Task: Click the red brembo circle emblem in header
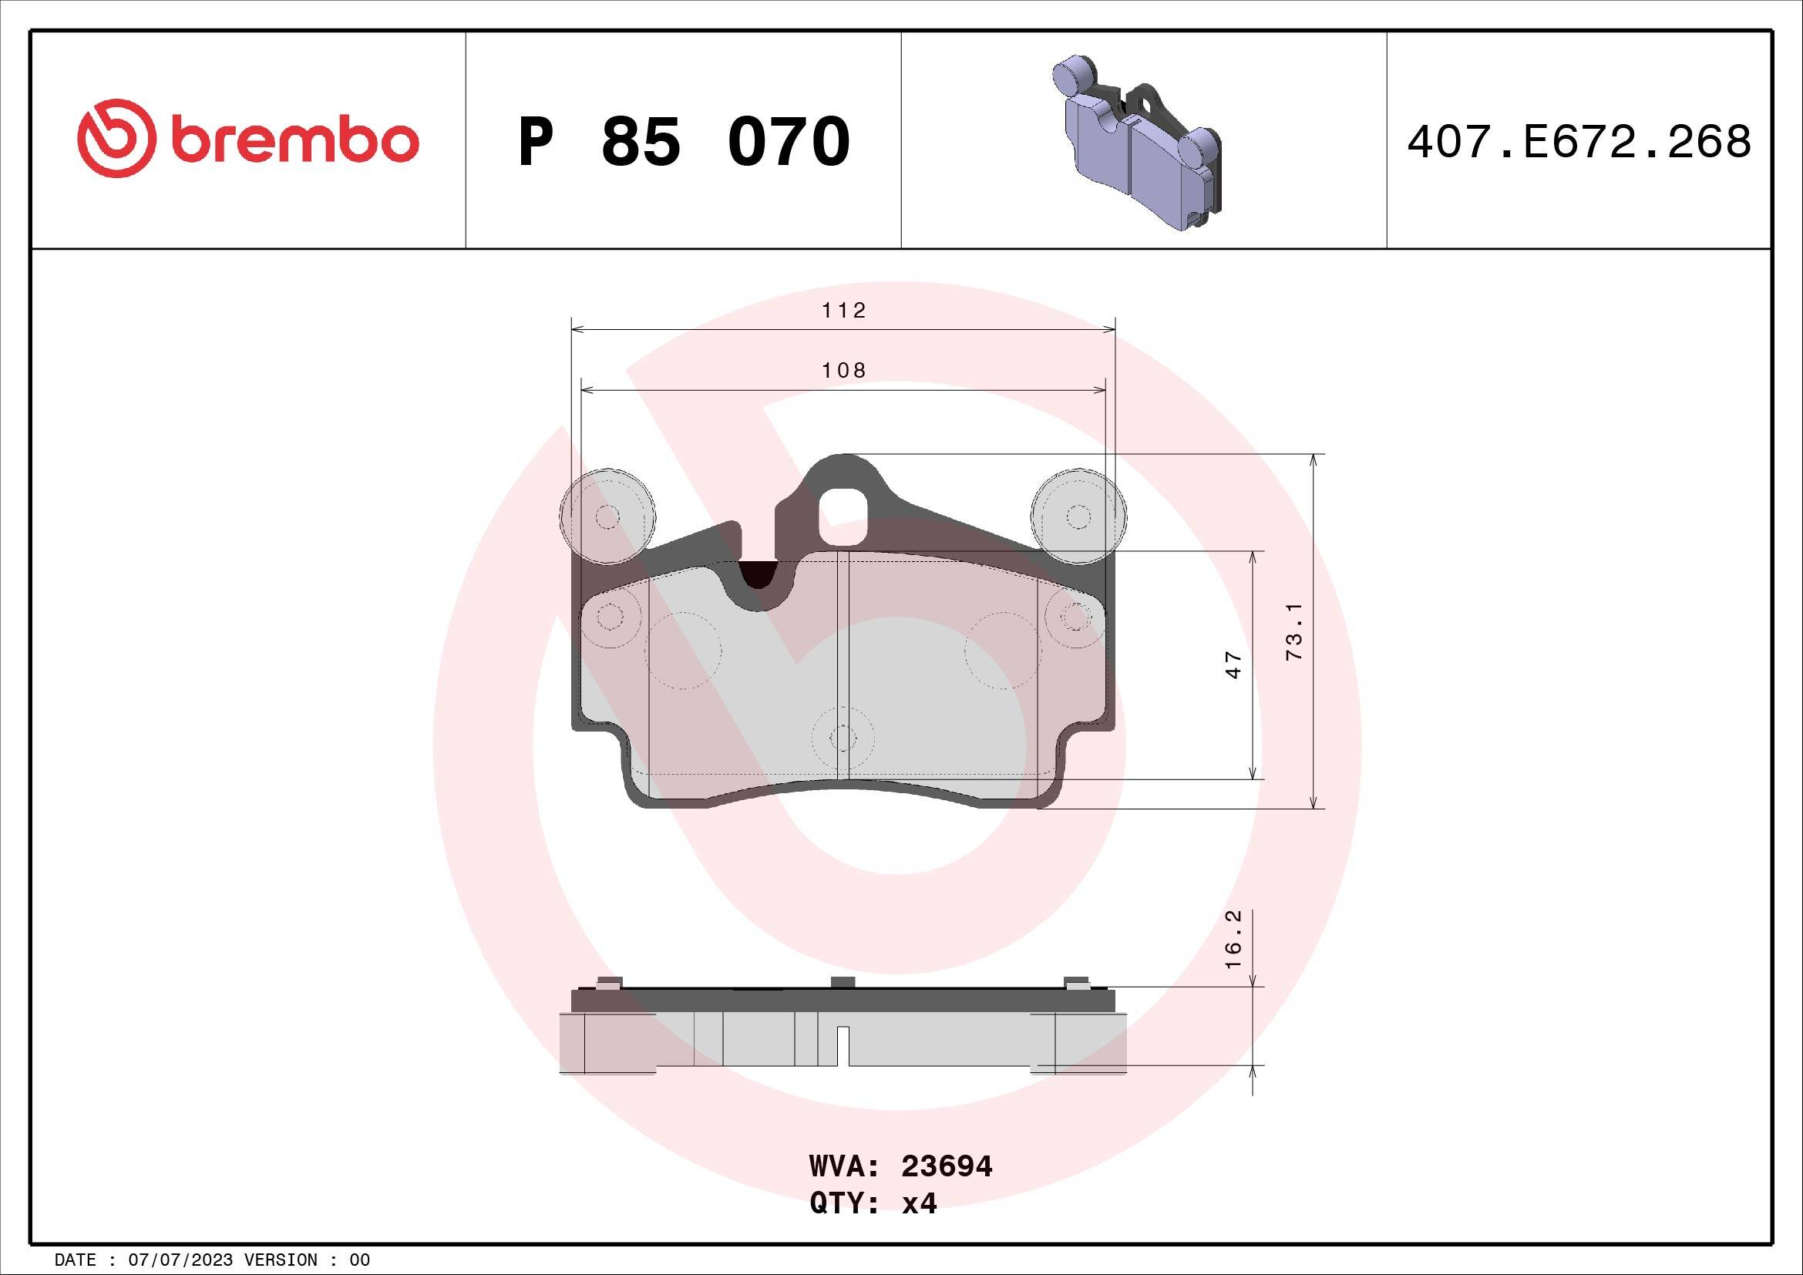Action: pyautogui.click(x=113, y=138)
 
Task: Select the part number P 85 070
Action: pyautogui.click(x=684, y=141)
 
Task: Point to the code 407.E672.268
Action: pyautogui.click(x=1579, y=142)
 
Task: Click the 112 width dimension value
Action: pyautogui.click(x=843, y=311)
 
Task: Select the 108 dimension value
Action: pyautogui.click(x=843, y=371)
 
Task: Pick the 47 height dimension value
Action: pyautogui.click(x=1233, y=664)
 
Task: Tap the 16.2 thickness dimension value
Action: pyautogui.click(x=1233, y=938)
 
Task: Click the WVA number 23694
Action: pyautogui.click(x=947, y=1166)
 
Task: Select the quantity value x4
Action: pyautogui.click(x=919, y=1203)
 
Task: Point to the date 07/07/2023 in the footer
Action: pyautogui.click(x=180, y=1260)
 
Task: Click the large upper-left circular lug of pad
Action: pyautogui.click(x=607, y=516)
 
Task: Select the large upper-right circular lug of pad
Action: pyautogui.click(x=1078, y=516)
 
